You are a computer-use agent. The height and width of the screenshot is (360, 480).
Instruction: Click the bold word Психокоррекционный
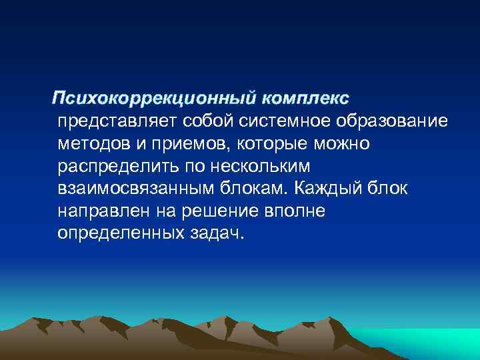click(x=155, y=98)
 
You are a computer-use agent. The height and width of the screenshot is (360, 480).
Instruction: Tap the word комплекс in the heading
click(x=305, y=98)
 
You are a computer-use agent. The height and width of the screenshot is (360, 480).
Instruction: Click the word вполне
click(x=294, y=211)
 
